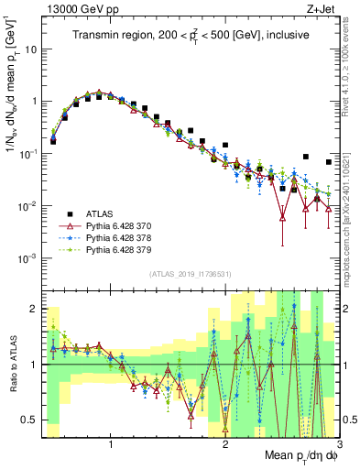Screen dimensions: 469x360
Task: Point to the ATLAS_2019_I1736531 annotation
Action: pos(190,275)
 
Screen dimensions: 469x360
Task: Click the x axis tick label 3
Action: pos(338,442)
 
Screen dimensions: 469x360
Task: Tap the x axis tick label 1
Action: pos(111,442)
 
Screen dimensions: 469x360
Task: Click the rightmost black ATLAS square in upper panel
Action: pos(329,162)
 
